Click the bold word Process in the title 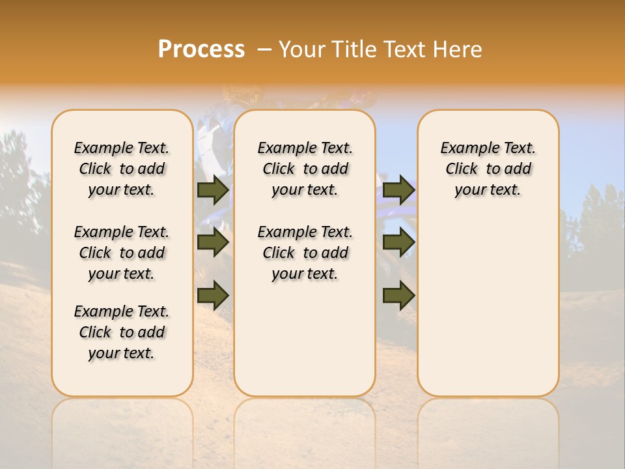[201, 50]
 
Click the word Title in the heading [355, 50]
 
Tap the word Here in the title [458, 50]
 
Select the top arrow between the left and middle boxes [213, 190]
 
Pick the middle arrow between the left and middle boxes [213, 243]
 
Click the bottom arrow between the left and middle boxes [213, 296]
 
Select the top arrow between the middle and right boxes [398, 190]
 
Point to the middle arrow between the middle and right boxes [398, 243]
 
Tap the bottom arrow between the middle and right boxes [398, 296]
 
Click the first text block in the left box [122, 169]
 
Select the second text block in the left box [122, 253]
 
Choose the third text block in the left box [122, 332]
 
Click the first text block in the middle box [305, 169]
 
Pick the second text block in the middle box [305, 253]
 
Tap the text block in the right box [488, 169]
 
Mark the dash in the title [264, 50]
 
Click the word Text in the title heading [406, 50]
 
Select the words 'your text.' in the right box [488, 190]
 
